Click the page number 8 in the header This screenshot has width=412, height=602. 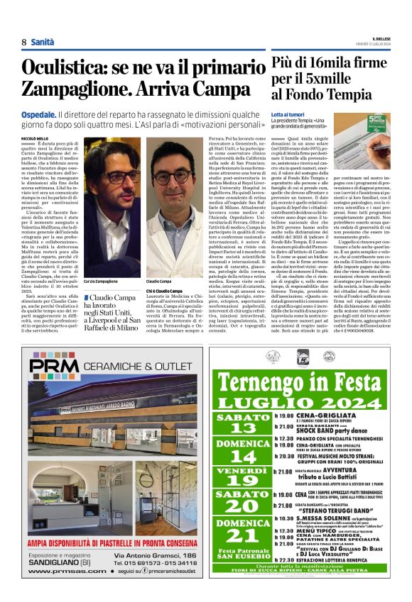coord(24,43)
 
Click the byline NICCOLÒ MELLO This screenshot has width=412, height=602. coord(35,139)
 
